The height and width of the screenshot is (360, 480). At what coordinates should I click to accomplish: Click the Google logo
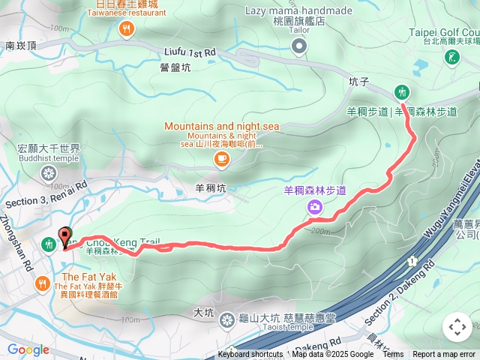(x=28, y=349)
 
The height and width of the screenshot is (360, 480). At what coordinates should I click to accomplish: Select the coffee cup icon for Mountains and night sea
(x=221, y=157)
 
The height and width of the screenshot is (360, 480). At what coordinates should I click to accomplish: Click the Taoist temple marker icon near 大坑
(x=226, y=321)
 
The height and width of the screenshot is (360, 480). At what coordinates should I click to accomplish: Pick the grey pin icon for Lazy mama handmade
(x=299, y=47)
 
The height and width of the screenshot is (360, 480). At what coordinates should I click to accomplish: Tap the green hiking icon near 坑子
(x=402, y=91)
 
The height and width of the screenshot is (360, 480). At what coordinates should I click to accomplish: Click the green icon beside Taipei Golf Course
(x=452, y=58)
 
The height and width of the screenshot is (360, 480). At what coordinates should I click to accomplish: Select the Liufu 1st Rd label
(x=190, y=52)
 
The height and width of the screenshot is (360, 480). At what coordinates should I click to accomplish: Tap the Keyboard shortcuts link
(x=250, y=355)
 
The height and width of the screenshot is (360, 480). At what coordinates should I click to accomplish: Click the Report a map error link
(x=444, y=355)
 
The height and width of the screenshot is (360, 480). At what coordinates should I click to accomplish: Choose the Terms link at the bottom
(x=393, y=355)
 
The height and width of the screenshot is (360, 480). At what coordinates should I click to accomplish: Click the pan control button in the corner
(x=457, y=327)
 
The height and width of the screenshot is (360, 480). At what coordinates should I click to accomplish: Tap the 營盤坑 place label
(x=175, y=67)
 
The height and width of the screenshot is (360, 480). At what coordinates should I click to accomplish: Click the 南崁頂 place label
(x=20, y=46)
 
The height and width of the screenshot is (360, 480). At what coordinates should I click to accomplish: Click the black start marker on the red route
(x=65, y=237)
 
